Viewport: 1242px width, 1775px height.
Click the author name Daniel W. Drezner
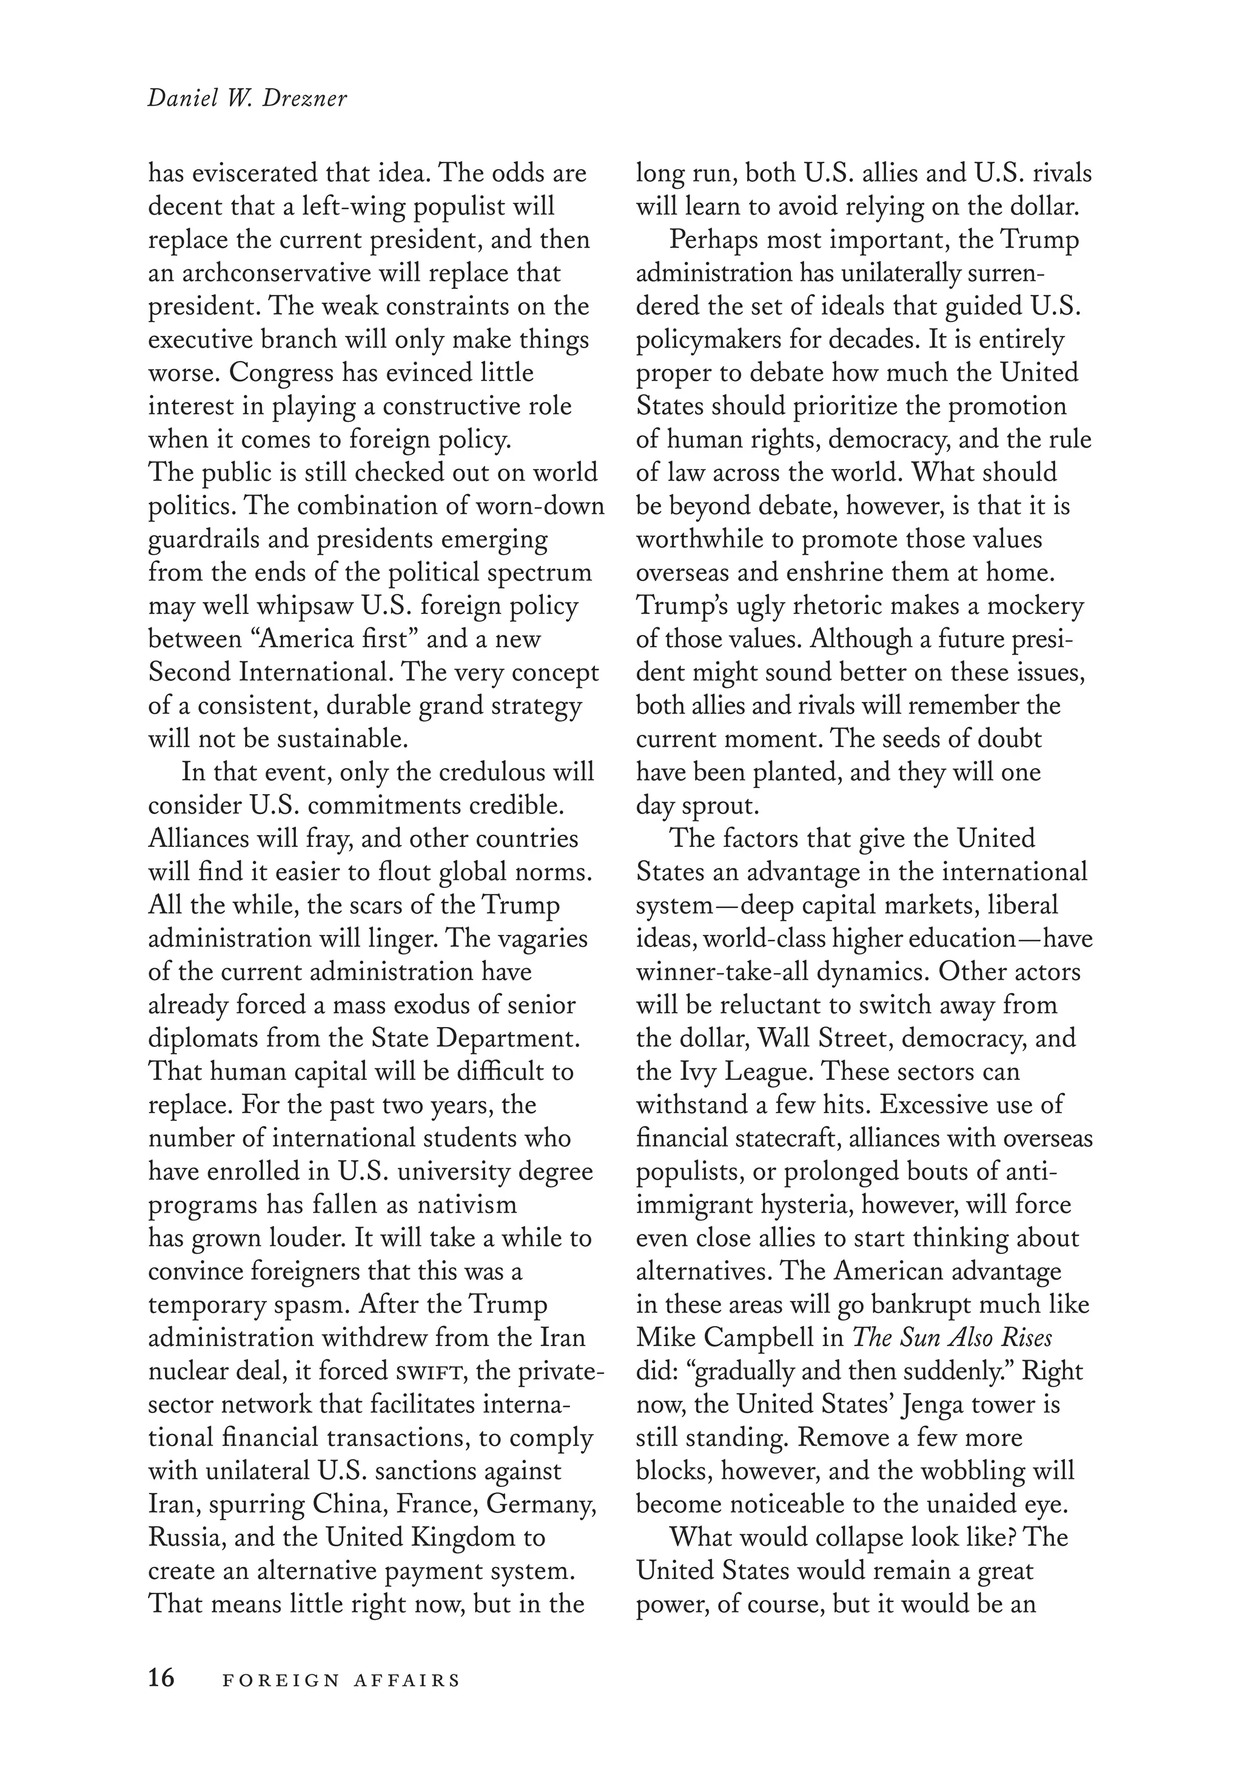tap(247, 99)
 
